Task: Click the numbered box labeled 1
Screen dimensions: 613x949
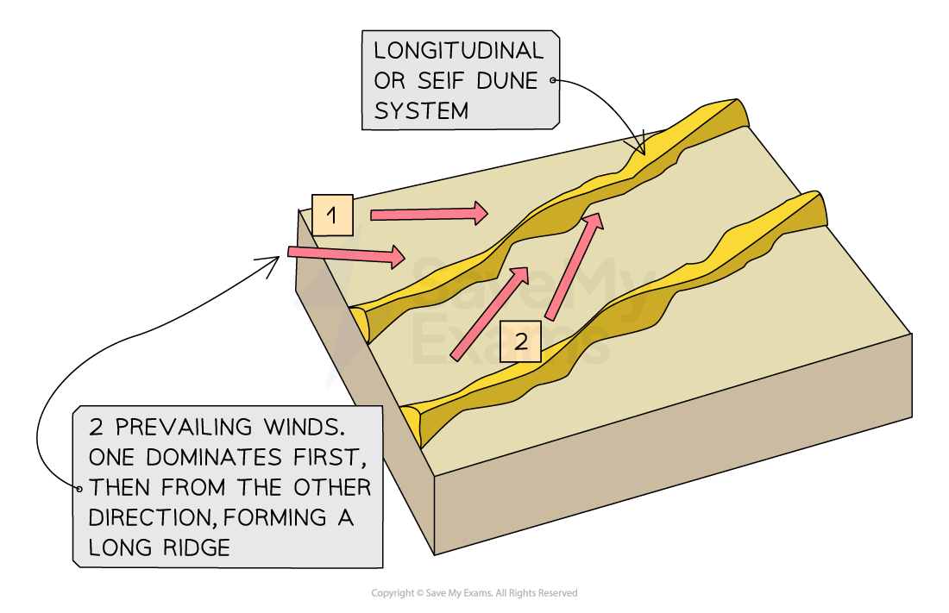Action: [x=332, y=216]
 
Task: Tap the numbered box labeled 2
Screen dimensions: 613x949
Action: [x=520, y=341]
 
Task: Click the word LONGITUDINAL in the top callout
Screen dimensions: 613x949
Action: [x=458, y=51]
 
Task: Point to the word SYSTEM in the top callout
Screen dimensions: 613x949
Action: [x=421, y=111]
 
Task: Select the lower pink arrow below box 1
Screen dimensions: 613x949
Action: [x=346, y=254]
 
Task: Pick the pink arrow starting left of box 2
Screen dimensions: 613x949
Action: [x=489, y=313]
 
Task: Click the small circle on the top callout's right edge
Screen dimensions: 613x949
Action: [x=554, y=81]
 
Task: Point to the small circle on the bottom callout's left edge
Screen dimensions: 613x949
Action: [x=79, y=488]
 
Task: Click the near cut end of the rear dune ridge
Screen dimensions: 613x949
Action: [x=358, y=322]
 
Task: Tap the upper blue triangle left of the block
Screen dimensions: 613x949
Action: [x=297, y=302]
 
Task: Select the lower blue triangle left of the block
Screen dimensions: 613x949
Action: [x=330, y=377]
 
